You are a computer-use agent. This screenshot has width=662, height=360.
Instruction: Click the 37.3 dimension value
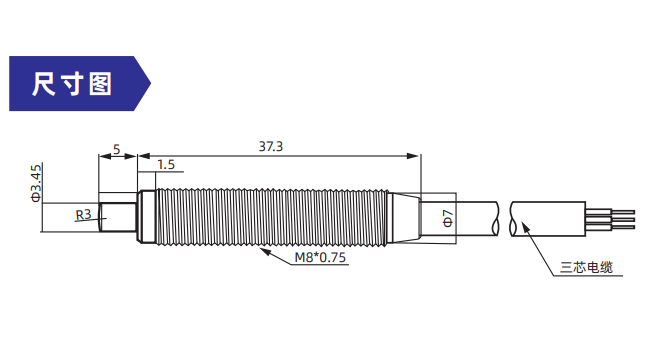271,146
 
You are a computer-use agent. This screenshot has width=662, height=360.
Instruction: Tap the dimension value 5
117,149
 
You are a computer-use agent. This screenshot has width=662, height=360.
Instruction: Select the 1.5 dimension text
166,165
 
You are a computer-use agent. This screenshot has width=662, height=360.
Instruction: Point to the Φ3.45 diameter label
36,183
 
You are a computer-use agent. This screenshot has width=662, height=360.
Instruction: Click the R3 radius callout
83,215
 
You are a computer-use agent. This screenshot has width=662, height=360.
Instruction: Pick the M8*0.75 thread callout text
320,257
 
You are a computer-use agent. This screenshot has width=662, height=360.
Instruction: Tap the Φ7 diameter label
448,219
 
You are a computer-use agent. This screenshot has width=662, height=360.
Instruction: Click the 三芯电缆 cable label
586,268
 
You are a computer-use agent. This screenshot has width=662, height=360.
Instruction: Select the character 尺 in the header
43,84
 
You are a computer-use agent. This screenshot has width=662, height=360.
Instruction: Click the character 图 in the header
100,84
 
